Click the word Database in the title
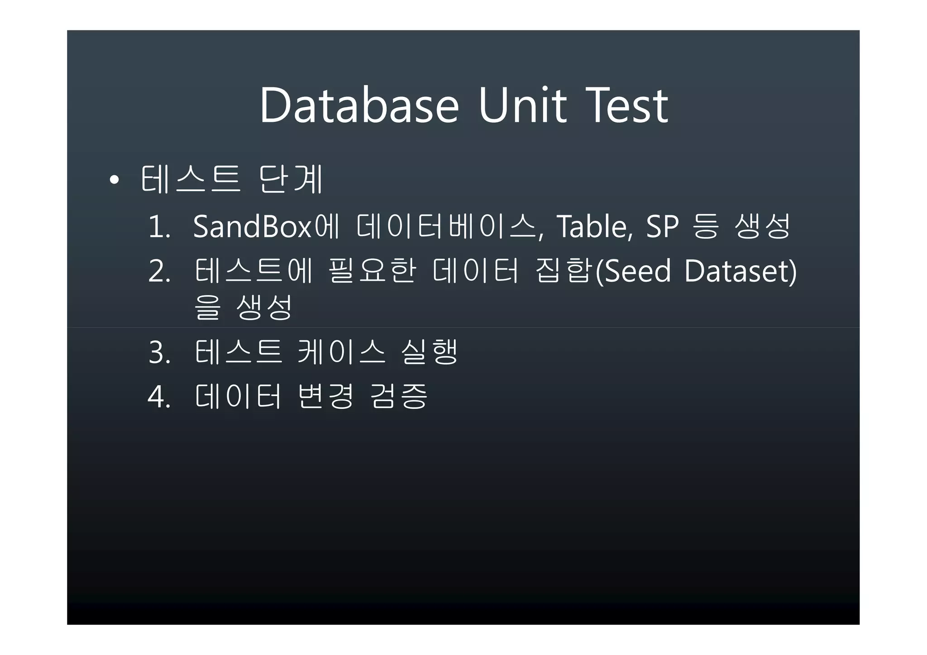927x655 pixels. pyautogui.click(x=359, y=106)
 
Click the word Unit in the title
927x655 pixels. pyautogui.click(x=522, y=106)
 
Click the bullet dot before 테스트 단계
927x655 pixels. pyautogui.click(x=114, y=181)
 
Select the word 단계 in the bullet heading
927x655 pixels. pyautogui.click(x=291, y=179)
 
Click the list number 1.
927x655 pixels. pyautogui.click(x=159, y=227)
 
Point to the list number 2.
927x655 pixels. pyautogui.click(x=159, y=272)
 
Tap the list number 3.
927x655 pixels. pyautogui.click(x=159, y=353)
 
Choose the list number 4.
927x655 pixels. pyautogui.click(x=159, y=397)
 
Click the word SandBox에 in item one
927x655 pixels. pyautogui.click(x=266, y=226)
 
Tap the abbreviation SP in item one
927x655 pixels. pyautogui.click(x=662, y=226)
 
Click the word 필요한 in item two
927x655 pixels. pyautogui.click(x=372, y=271)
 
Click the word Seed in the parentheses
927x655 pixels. pyautogui.click(x=637, y=271)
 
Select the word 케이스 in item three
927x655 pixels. pyautogui.click(x=342, y=352)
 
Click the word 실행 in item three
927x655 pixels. pyautogui.click(x=430, y=352)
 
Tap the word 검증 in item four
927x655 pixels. pyautogui.click(x=398, y=396)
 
